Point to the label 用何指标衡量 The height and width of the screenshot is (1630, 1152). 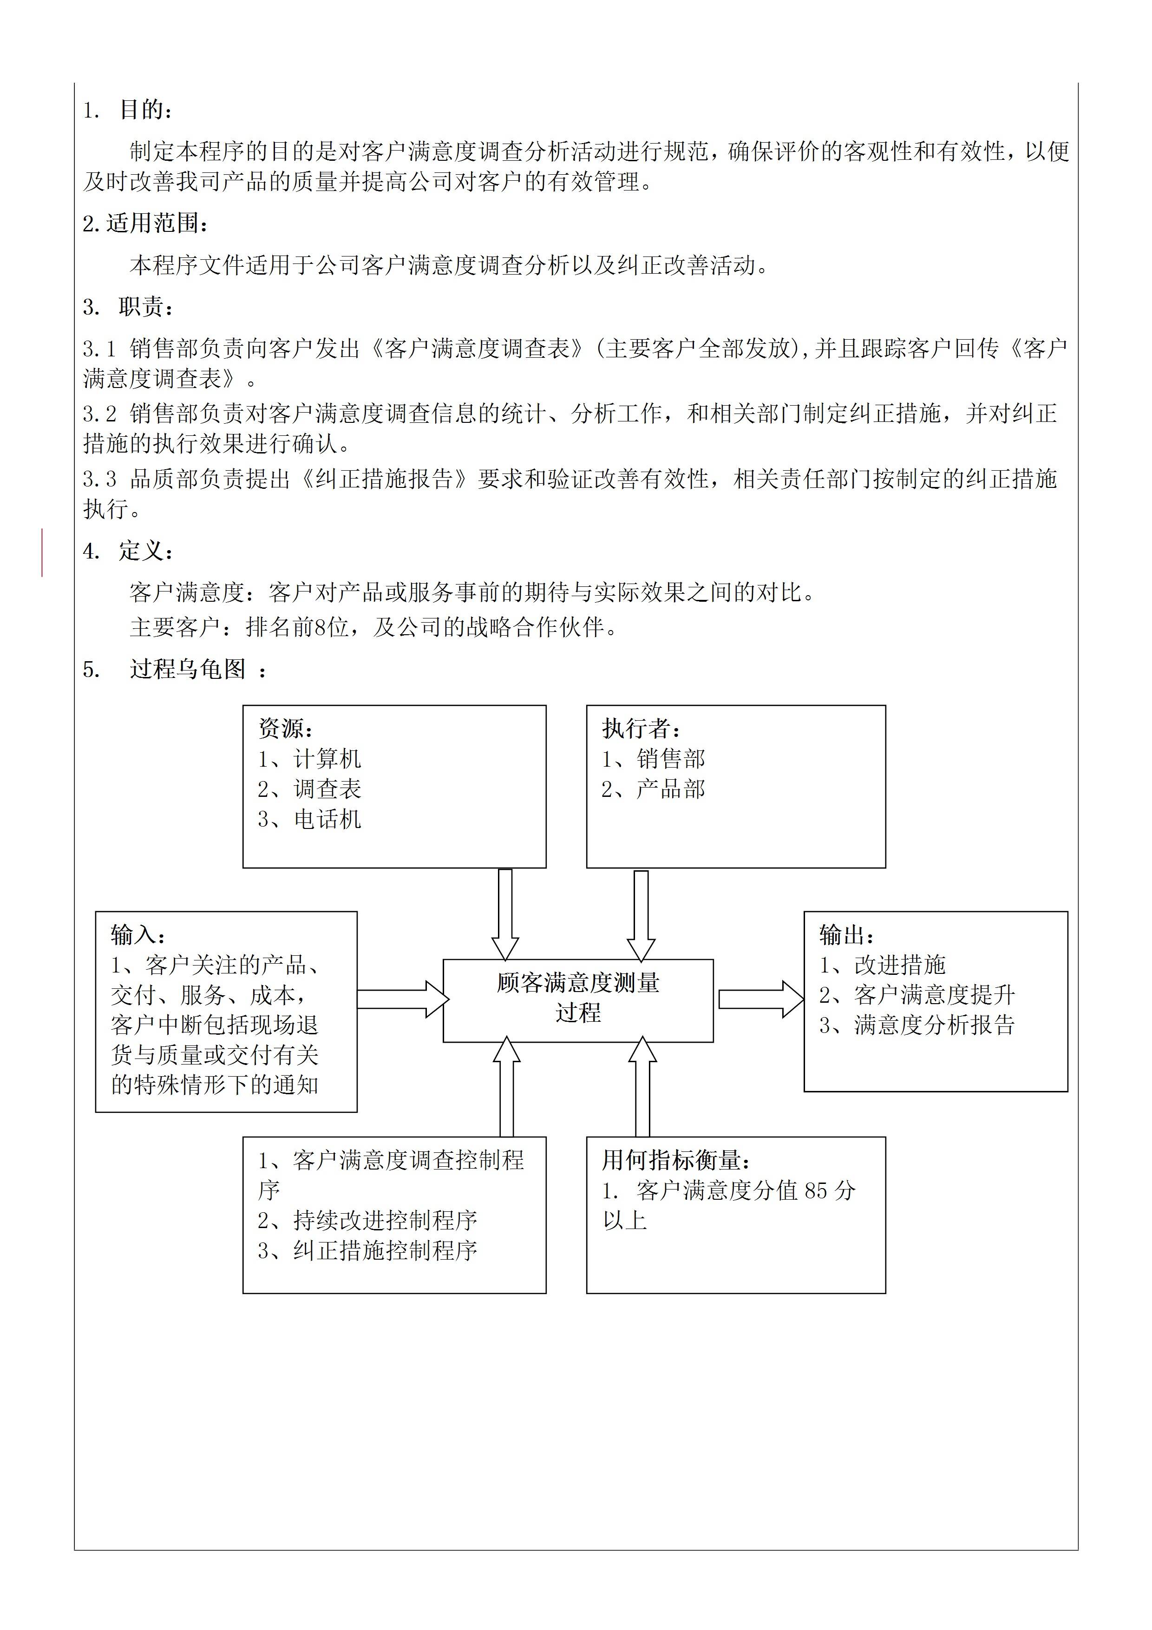click(x=676, y=1161)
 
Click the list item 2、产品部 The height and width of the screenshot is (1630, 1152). click(x=653, y=789)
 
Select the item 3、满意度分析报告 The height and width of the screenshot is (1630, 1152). click(x=917, y=1025)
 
